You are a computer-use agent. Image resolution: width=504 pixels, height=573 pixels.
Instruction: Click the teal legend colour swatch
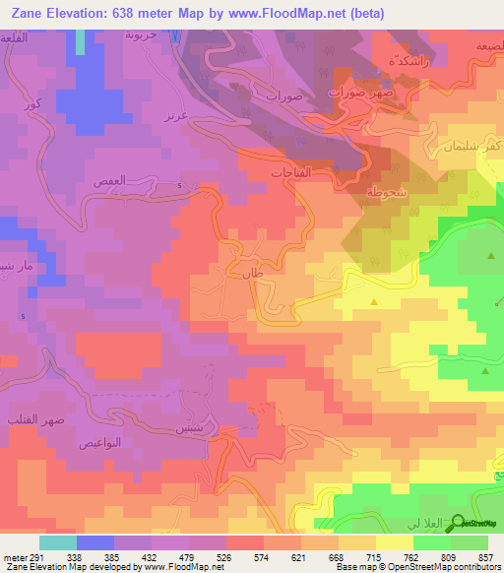click(58, 541)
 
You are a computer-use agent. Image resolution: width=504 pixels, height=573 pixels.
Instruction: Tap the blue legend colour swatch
click(95, 541)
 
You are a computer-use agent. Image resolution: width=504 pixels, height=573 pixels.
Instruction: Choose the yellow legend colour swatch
click(394, 541)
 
